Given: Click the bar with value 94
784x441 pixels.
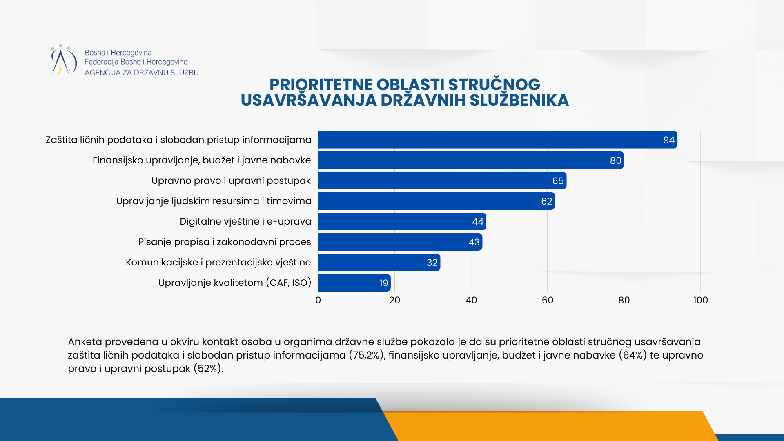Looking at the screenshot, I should coord(497,140).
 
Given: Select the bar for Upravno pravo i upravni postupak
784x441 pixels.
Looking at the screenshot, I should coord(442,180).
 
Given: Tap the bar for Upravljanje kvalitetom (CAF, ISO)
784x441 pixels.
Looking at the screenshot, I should coord(354,283).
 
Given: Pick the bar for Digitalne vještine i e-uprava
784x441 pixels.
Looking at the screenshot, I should coord(402,221).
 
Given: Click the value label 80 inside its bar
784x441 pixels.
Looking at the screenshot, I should coord(615,160).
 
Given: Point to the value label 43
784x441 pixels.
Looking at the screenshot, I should coord(474,242).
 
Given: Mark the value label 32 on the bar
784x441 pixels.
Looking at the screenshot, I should coord(432,263).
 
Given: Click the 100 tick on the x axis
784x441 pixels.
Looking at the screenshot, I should coord(700,300).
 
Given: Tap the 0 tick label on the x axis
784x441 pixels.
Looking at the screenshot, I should coord(318,300).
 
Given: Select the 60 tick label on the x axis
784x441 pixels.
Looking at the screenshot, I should coord(547,300).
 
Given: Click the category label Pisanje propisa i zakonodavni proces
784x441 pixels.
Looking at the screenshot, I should coord(225,242).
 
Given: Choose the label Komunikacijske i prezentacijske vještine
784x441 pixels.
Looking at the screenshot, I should coord(218,262).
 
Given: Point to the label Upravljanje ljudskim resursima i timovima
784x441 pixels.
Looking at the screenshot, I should coord(214,201).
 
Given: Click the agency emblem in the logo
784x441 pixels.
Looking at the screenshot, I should coord(63,60).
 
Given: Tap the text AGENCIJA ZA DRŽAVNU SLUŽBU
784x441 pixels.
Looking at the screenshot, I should coord(141,73).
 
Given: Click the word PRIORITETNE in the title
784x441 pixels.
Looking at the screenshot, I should coord(321,85).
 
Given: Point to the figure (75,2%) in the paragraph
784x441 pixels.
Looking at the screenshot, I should coord(367,355).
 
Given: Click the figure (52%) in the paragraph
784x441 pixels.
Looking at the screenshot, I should coord(208,369).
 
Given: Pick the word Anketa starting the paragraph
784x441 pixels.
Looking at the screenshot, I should coord(85,342).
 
